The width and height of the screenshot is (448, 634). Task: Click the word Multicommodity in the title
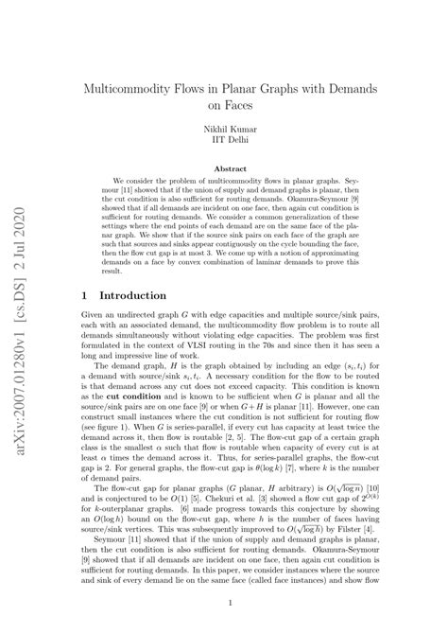coord(136,87)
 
